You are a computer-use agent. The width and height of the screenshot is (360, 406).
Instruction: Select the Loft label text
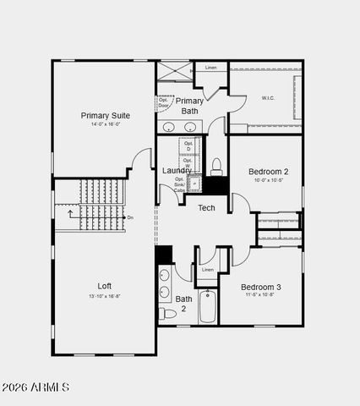[x=104, y=286]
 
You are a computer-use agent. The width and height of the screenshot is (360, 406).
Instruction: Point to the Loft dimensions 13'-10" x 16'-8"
[x=104, y=296]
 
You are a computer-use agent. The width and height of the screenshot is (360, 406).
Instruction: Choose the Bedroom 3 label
[x=261, y=287]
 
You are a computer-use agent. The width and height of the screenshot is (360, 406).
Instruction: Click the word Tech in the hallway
[x=206, y=208]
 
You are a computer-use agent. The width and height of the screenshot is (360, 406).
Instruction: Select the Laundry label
[x=176, y=171]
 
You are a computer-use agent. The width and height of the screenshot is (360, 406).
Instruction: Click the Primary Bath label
[x=189, y=106]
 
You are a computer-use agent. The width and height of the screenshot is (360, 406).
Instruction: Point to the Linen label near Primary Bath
[x=210, y=68]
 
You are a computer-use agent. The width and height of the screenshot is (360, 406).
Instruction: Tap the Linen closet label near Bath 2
[x=207, y=270]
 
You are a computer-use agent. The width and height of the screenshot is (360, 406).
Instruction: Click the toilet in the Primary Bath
[x=216, y=164]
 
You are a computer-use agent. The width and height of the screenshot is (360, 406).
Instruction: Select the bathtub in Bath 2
[x=208, y=309]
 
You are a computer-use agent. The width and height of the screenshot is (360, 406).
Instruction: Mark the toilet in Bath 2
[x=168, y=314]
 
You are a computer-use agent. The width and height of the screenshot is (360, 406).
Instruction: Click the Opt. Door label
[x=163, y=102]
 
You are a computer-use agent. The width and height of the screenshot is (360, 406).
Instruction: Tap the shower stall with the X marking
[x=174, y=70]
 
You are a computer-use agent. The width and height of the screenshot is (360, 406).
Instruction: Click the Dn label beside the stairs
[x=129, y=218]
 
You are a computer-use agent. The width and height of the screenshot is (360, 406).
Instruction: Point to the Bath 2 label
[x=183, y=304]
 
